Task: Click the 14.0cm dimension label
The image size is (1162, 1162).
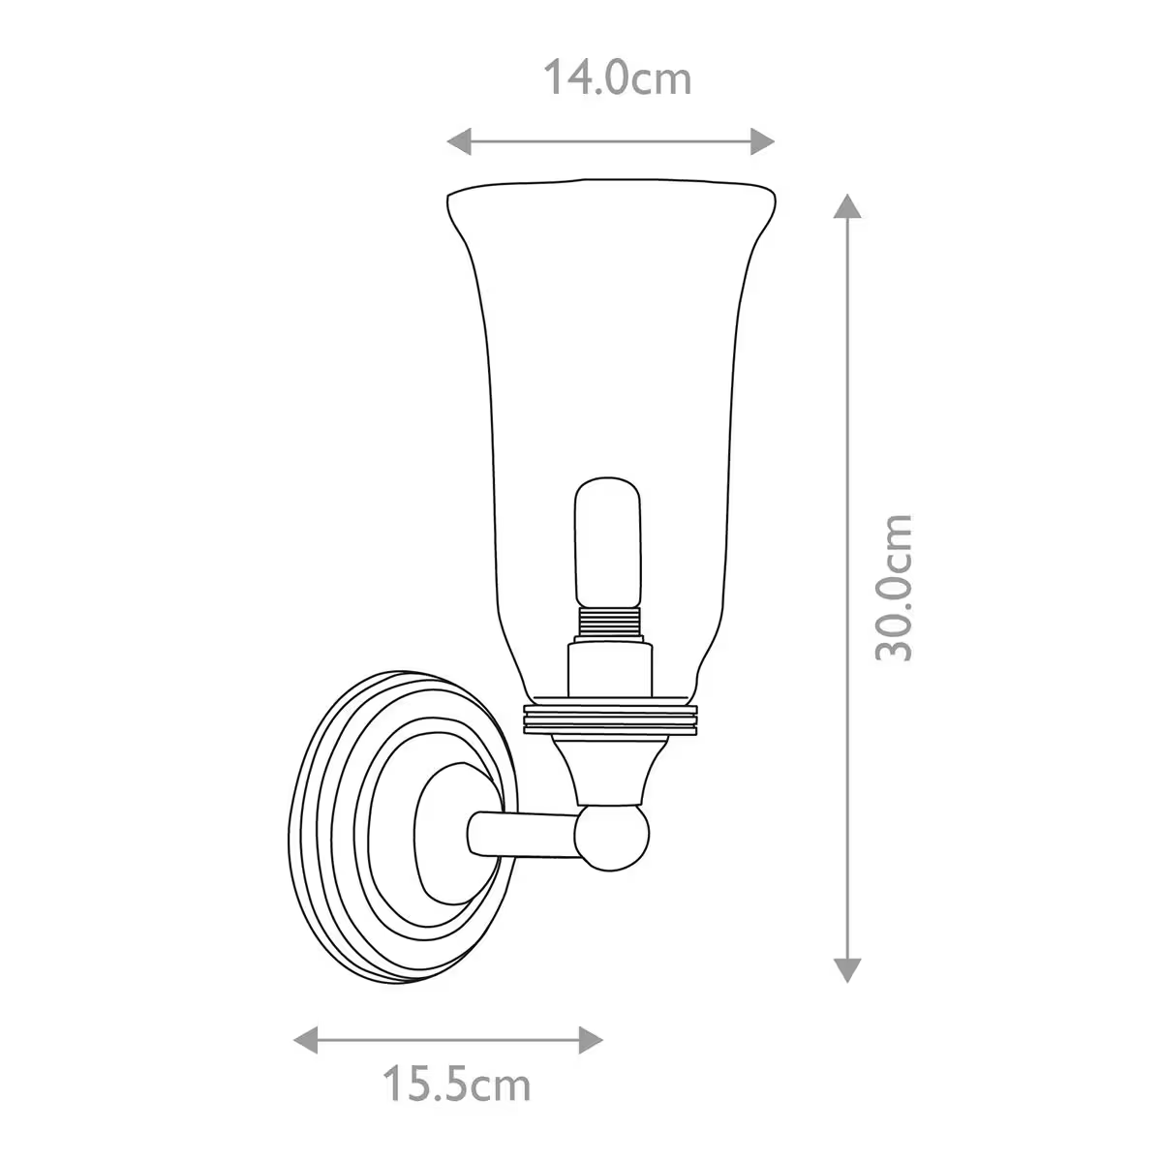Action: click(x=617, y=78)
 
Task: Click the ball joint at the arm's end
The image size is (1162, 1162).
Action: click(x=613, y=837)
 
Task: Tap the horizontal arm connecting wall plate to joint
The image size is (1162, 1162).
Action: click(x=523, y=835)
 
